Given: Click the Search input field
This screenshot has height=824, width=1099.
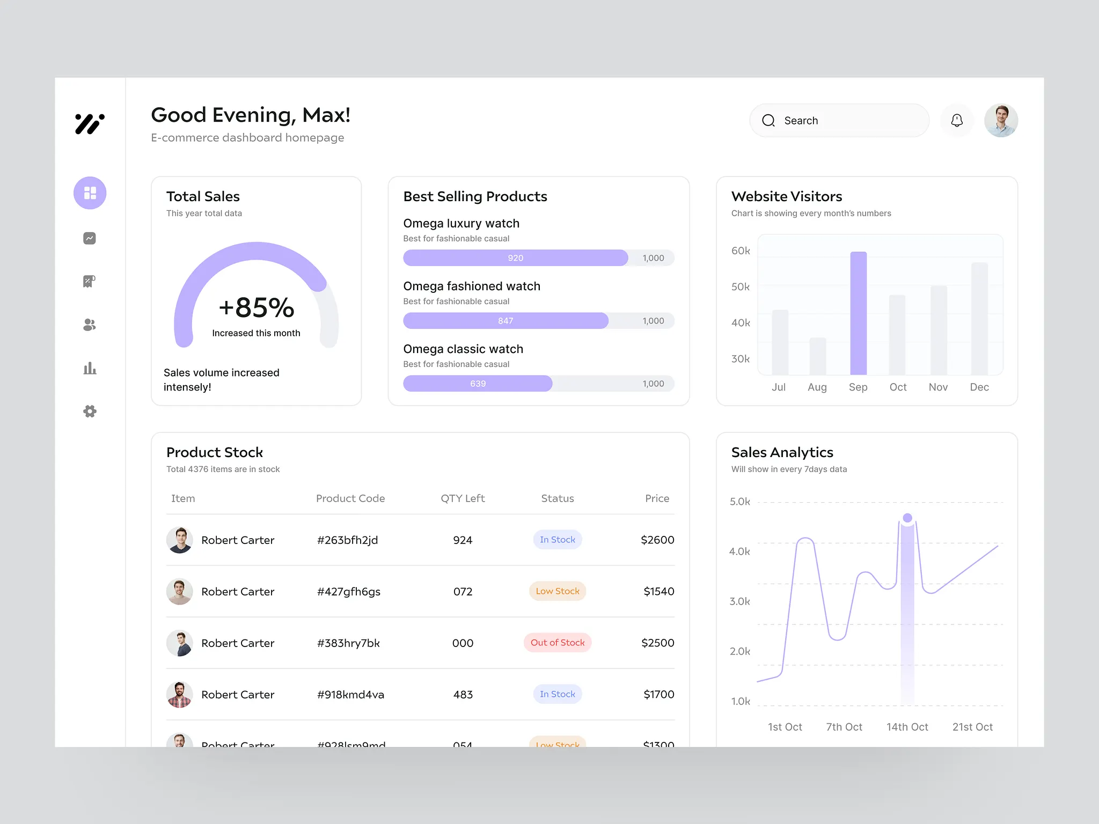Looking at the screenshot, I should pyautogui.click(x=839, y=121).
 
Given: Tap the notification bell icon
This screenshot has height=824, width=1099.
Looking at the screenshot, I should pyautogui.click(x=957, y=121).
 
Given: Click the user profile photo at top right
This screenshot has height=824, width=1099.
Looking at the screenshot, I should pyautogui.click(x=1001, y=121).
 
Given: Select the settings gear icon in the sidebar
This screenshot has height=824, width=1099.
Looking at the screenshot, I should pyautogui.click(x=90, y=411).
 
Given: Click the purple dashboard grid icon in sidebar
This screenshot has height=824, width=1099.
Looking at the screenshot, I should pyautogui.click(x=90, y=193).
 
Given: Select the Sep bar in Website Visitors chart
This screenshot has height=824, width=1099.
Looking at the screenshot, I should pyautogui.click(x=858, y=313).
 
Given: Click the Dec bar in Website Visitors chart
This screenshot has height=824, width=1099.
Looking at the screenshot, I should pyautogui.click(x=979, y=319).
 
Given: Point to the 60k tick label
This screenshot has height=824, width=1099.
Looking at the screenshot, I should pyautogui.click(x=741, y=251).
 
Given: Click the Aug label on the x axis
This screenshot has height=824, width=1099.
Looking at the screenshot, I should pyautogui.click(x=817, y=387).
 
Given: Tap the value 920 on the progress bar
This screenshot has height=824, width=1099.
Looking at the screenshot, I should pyautogui.click(x=515, y=258).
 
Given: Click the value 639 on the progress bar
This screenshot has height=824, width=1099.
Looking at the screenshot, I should pyautogui.click(x=478, y=384).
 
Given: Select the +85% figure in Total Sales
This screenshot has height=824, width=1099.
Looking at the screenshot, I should pyautogui.click(x=257, y=308).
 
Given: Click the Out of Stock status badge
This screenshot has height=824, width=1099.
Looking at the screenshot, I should pyautogui.click(x=558, y=643).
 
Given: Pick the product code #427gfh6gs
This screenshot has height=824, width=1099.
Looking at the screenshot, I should pyautogui.click(x=349, y=592).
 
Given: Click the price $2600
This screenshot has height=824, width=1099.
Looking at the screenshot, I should pyautogui.click(x=657, y=540).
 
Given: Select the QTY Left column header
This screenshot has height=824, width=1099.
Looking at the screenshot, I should pyautogui.click(x=463, y=498).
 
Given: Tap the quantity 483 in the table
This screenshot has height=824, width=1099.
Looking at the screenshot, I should pyautogui.click(x=463, y=695).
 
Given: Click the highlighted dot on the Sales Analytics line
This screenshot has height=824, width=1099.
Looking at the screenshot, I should pyautogui.click(x=907, y=518).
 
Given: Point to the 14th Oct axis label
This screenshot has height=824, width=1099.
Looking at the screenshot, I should pyautogui.click(x=907, y=727).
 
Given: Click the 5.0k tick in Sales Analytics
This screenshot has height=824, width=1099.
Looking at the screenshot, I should pyautogui.click(x=739, y=502).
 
